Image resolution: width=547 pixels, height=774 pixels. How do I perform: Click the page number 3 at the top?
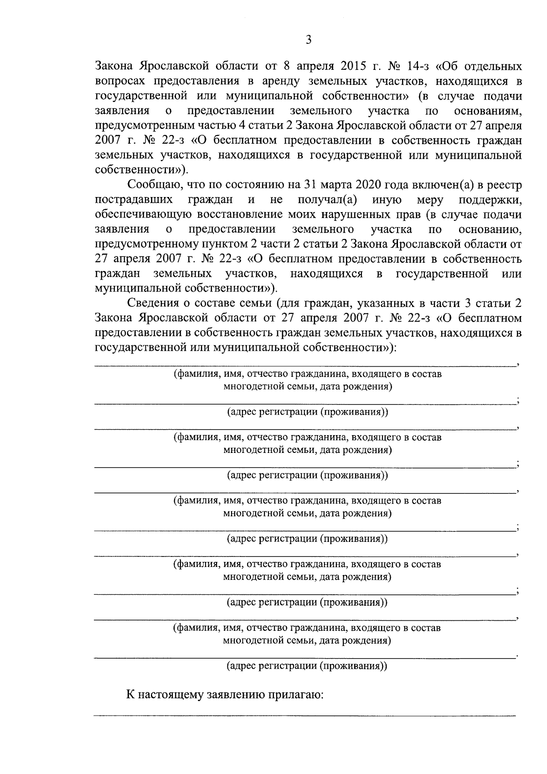[308, 40]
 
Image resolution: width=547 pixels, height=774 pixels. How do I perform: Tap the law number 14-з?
[413, 67]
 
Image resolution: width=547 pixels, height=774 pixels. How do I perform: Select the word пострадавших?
[134, 200]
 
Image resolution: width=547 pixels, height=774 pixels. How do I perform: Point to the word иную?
[387, 200]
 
